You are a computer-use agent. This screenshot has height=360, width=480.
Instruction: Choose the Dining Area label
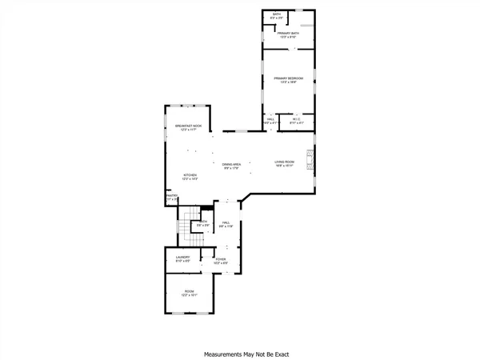[x=232, y=164]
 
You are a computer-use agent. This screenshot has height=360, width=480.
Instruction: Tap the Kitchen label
[x=190, y=174]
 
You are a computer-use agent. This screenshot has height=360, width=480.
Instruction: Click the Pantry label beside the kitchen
[x=170, y=194]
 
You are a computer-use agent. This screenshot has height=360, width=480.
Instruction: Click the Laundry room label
[x=182, y=257]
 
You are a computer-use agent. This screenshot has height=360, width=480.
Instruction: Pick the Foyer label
[x=220, y=259]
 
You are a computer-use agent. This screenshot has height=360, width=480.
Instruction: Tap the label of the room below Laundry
[x=190, y=291]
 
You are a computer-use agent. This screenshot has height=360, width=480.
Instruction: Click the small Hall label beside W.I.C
[x=270, y=119]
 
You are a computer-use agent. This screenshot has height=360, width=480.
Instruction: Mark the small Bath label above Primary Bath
[x=277, y=14]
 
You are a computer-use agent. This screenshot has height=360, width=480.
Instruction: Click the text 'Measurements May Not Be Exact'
[x=246, y=354]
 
